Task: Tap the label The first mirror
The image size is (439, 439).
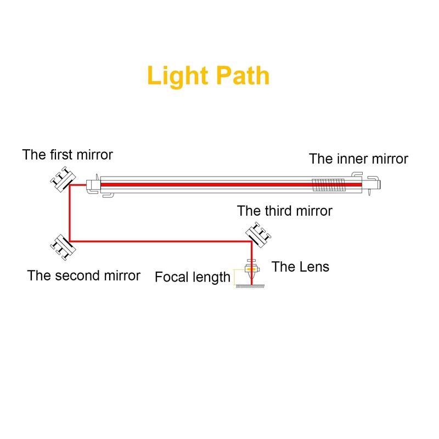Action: click(x=67, y=155)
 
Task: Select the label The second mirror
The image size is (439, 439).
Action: click(x=83, y=275)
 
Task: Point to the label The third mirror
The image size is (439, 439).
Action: click(x=284, y=210)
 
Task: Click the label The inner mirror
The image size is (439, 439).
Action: click(x=358, y=159)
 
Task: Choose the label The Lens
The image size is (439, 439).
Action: click(x=300, y=267)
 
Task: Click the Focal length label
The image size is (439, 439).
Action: click(x=192, y=277)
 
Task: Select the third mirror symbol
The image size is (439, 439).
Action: click(x=257, y=234)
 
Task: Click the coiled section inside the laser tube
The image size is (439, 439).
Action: click(x=329, y=185)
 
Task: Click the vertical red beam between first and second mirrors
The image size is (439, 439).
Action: click(x=70, y=214)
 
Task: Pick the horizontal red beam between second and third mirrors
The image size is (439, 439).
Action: click(x=159, y=240)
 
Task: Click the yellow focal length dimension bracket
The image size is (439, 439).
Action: click(x=236, y=277)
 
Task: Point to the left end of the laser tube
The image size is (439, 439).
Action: click(x=92, y=185)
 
